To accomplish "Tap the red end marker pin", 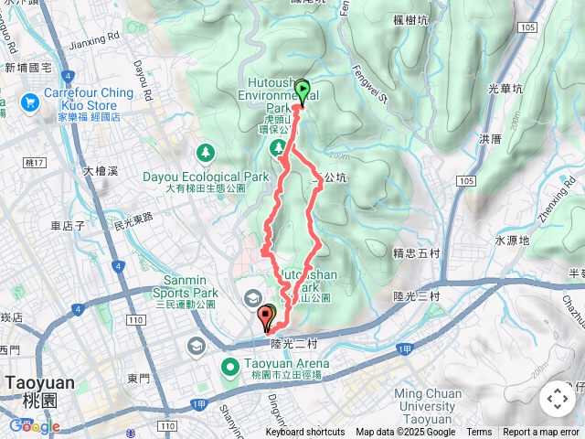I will point(267,317).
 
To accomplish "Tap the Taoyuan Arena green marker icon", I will point(229,369).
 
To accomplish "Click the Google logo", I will point(34,426).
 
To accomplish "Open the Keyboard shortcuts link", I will point(305,433).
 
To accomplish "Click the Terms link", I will point(479,433).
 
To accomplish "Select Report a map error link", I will point(542,433).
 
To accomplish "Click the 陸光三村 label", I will point(416,296).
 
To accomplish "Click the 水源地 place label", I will point(512,241).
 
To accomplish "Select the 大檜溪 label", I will point(100,171).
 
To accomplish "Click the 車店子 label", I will point(68,225).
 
